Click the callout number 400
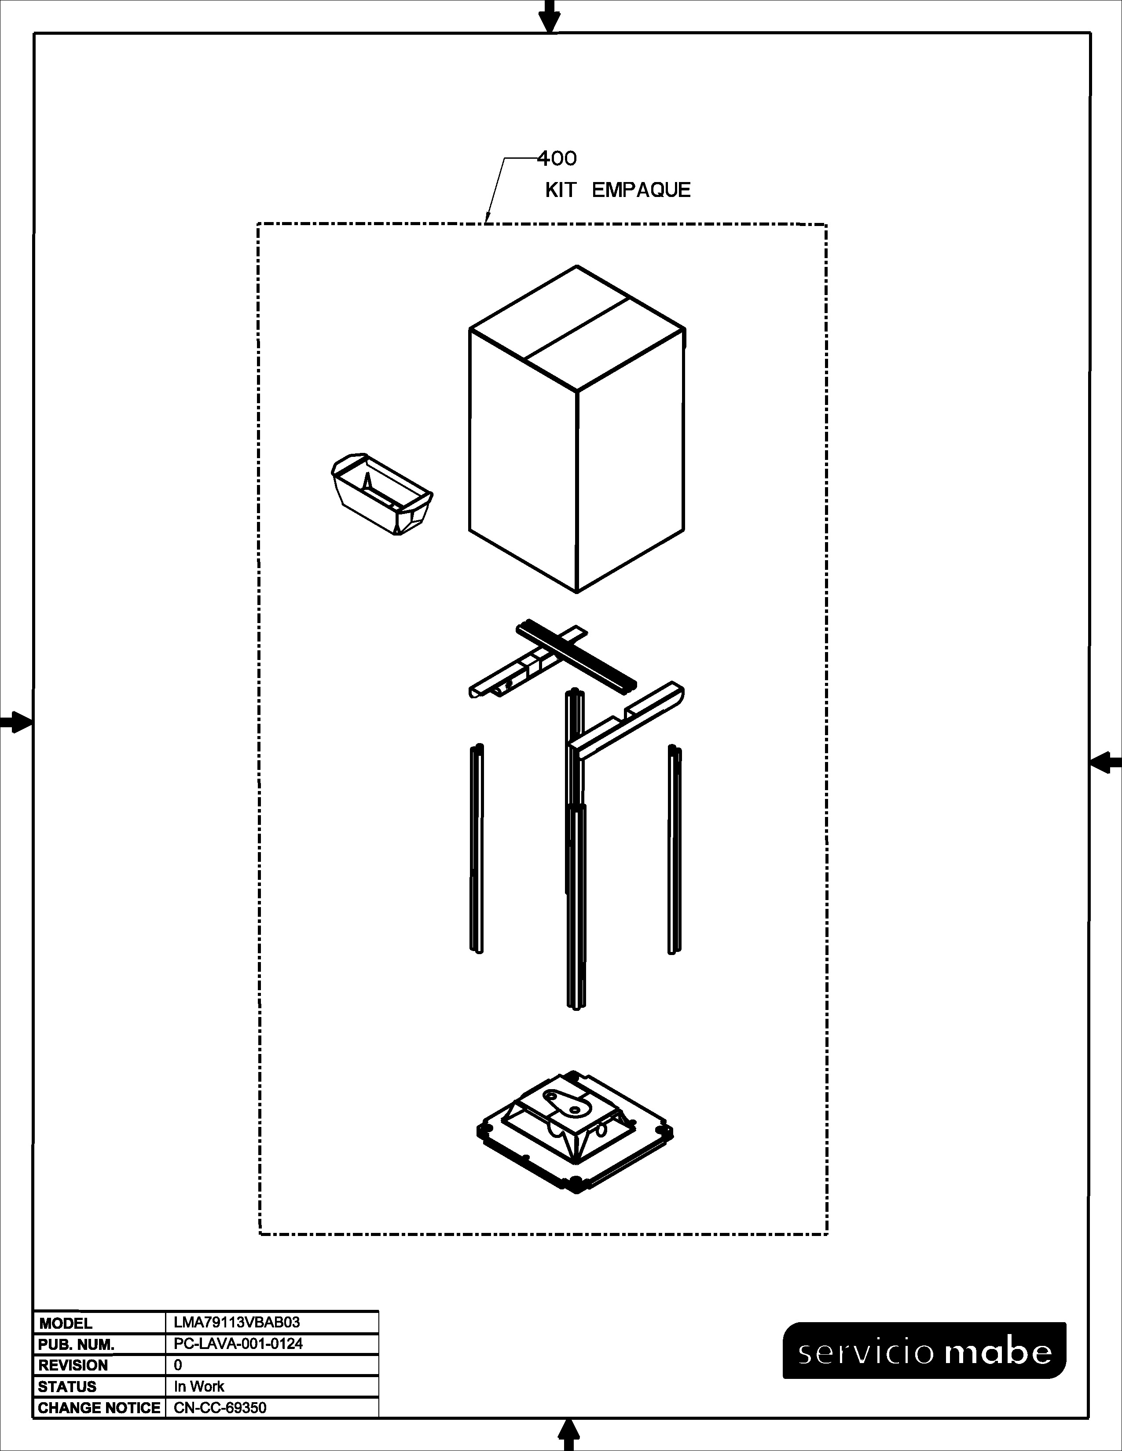click(x=557, y=158)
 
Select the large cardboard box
click(x=577, y=429)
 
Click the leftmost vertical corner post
click(x=477, y=849)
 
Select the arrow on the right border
click(x=1105, y=762)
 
